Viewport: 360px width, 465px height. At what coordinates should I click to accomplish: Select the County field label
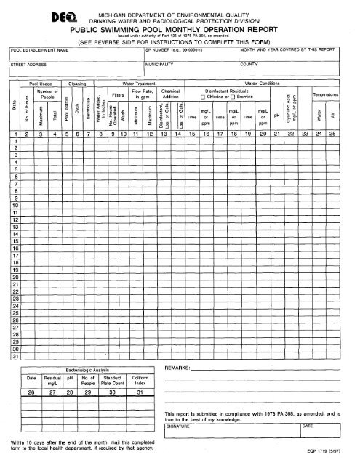coord(249,64)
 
